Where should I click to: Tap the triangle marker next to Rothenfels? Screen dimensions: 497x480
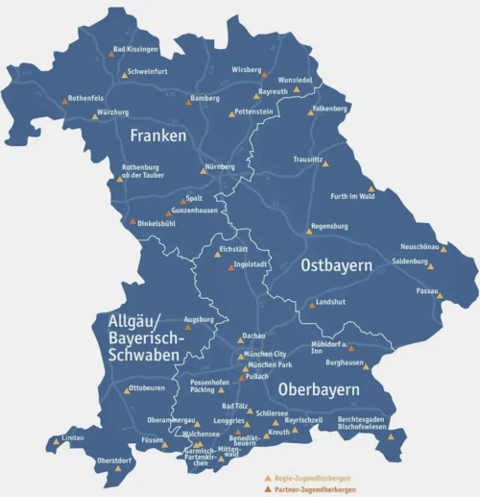(x=65, y=101)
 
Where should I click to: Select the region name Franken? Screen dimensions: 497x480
(x=158, y=137)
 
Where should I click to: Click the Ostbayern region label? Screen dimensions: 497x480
(x=337, y=264)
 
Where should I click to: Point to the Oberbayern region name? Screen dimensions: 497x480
(x=319, y=389)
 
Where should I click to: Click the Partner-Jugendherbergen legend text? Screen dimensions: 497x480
(x=313, y=489)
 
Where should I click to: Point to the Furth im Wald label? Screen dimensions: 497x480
(x=351, y=197)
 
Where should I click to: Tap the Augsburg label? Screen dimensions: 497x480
(x=198, y=318)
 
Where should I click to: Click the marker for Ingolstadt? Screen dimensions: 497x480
(x=229, y=267)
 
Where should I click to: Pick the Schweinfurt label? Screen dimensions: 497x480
(x=146, y=71)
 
